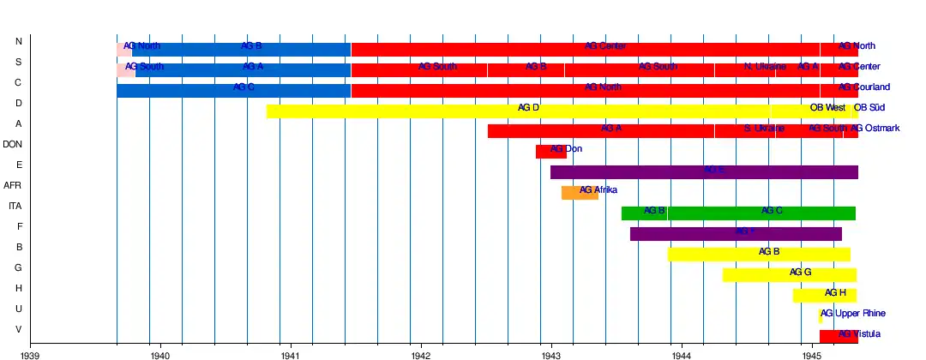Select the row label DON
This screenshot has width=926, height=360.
point(13,144)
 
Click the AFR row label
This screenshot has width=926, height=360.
point(13,185)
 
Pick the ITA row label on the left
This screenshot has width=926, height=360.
point(15,206)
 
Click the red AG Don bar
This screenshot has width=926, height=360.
point(550,152)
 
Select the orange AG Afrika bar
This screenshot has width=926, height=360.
point(580,193)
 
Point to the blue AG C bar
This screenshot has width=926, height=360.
point(233,90)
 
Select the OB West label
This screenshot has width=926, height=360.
point(827,108)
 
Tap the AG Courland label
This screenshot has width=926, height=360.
point(864,87)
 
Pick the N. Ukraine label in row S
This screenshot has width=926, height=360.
point(765,67)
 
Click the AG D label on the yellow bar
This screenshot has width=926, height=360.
point(528,108)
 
